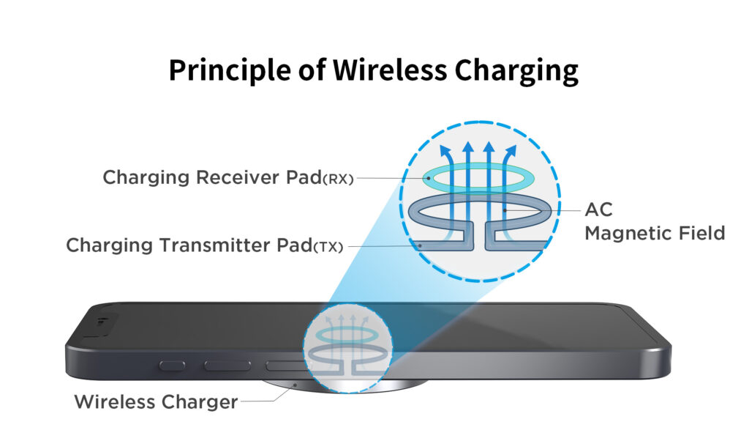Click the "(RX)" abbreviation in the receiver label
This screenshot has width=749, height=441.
(338, 179)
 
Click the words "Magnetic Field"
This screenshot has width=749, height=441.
(655, 234)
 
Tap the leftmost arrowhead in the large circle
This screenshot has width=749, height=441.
(443, 152)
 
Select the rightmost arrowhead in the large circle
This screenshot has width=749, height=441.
(511, 152)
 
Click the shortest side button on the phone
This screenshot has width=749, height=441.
(172, 364)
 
